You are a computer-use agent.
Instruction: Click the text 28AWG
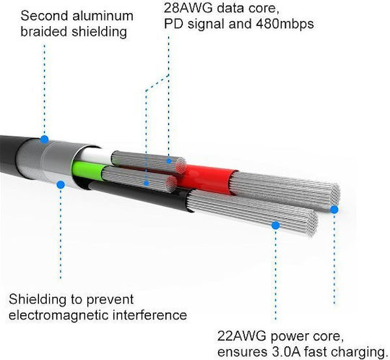tap(188, 8)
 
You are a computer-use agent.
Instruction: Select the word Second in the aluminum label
tap(44, 16)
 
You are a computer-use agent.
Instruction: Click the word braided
tap(44, 32)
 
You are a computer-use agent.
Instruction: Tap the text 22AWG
tap(241, 336)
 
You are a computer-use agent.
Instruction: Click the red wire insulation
tap(208, 179)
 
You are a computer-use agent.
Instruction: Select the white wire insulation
tap(96, 155)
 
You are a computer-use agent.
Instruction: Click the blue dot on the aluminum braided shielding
tap(44, 140)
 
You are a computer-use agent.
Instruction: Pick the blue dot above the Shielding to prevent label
tap(61, 185)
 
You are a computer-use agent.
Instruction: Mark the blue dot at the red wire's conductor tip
tap(334, 210)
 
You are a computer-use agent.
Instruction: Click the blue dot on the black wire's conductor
tap(275, 226)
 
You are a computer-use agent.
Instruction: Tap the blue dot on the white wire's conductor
tap(169, 161)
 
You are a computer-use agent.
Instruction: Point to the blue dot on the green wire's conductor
tap(147, 184)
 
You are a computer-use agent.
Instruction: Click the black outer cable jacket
tap(11, 155)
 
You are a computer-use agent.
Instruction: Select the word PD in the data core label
tap(173, 24)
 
